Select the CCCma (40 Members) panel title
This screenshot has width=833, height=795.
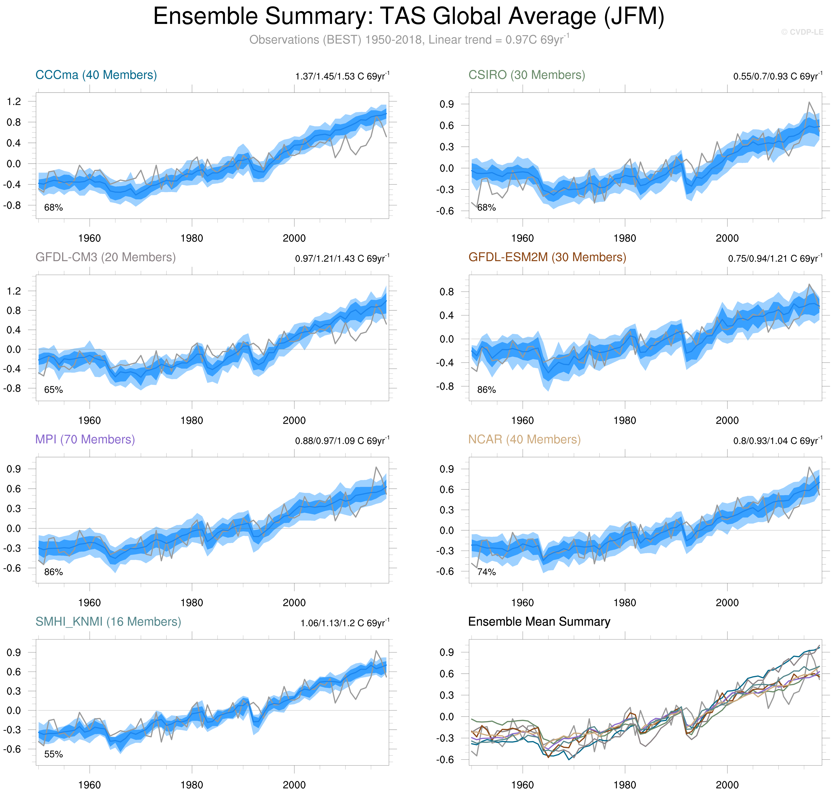point(96,75)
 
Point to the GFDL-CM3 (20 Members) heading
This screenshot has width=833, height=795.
point(105,257)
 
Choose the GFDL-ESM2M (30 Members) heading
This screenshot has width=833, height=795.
point(547,257)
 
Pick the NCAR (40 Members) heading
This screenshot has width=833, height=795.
point(524,439)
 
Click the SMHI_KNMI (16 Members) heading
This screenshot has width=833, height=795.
point(108,622)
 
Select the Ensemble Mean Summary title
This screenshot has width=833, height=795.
point(539,622)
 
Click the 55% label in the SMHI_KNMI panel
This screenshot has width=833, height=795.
point(53,754)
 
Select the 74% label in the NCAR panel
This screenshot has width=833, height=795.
point(486,572)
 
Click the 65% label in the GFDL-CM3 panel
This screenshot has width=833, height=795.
point(53,390)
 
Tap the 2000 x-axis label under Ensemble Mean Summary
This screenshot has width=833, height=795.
point(727,785)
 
